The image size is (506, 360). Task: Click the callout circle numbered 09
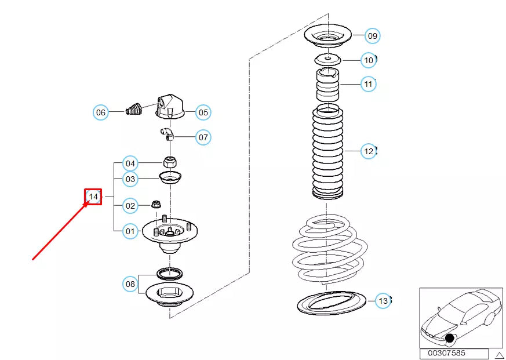tap(373, 35)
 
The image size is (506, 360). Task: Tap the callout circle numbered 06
tap(101, 112)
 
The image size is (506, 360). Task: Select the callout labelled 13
tap(383, 301)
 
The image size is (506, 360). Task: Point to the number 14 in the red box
tap(93, 197)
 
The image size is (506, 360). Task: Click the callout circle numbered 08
tap(130, 284)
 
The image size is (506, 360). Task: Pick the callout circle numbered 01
tap(130, 231)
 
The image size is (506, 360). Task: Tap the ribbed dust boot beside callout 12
tap(327, 152)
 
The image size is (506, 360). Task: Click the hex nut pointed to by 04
tap(170, 161)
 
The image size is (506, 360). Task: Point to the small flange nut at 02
tap(156, 205)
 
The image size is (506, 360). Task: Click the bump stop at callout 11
tap(327, 84)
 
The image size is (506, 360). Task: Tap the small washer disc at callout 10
tap(327, 60)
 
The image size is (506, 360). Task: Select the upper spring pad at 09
tap(328, 35)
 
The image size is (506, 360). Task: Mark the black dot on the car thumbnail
tap(450, 339)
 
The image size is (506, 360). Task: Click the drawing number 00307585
tap(447, 353)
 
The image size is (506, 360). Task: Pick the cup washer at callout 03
tap(170, 177)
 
